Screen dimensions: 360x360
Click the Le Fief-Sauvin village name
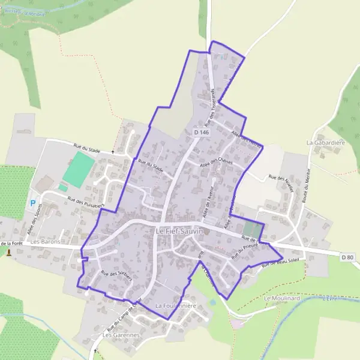click(179, 231)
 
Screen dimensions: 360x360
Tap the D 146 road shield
click(202, 132)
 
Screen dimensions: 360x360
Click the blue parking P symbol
click(32, 203)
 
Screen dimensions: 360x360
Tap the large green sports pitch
click(76, 169)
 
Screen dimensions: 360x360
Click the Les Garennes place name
click(121, 335)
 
